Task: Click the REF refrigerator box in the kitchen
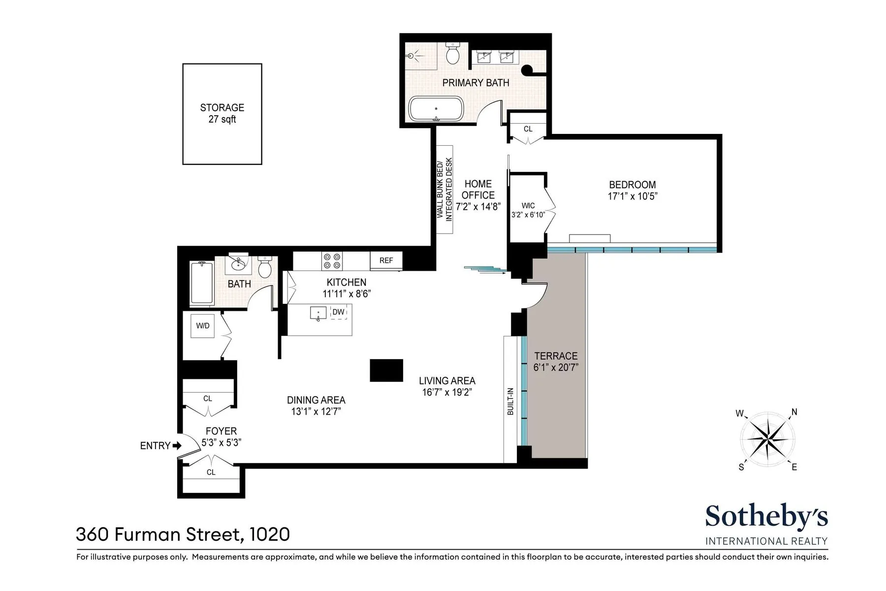point(386,261)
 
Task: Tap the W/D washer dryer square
point(202,326)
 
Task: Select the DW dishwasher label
point(338,312)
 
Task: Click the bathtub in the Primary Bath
point(436,109)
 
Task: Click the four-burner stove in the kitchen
point(332,261)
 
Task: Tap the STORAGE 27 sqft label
point(222,113)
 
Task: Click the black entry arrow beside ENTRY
point(176,446)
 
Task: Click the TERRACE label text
point(556,356)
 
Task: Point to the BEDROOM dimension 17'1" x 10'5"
point(633,196)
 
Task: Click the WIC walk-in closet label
point(528,205)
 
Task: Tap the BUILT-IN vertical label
point(510,401)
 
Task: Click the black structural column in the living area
point(386,370)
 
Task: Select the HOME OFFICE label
point(478,190)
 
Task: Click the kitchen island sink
point(318,313)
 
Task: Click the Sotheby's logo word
point(766,517)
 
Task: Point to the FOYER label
point(221,431)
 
